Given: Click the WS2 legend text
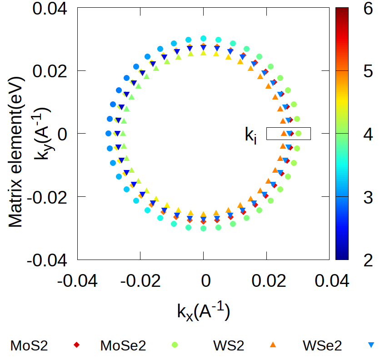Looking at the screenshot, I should tap(228, 346).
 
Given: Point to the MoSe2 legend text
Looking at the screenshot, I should tap(123, 346).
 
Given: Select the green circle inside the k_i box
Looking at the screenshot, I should tap(299, 133).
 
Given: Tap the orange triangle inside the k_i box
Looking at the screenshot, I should tap(284, 133).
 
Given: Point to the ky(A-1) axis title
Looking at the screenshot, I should tap(43, 134).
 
